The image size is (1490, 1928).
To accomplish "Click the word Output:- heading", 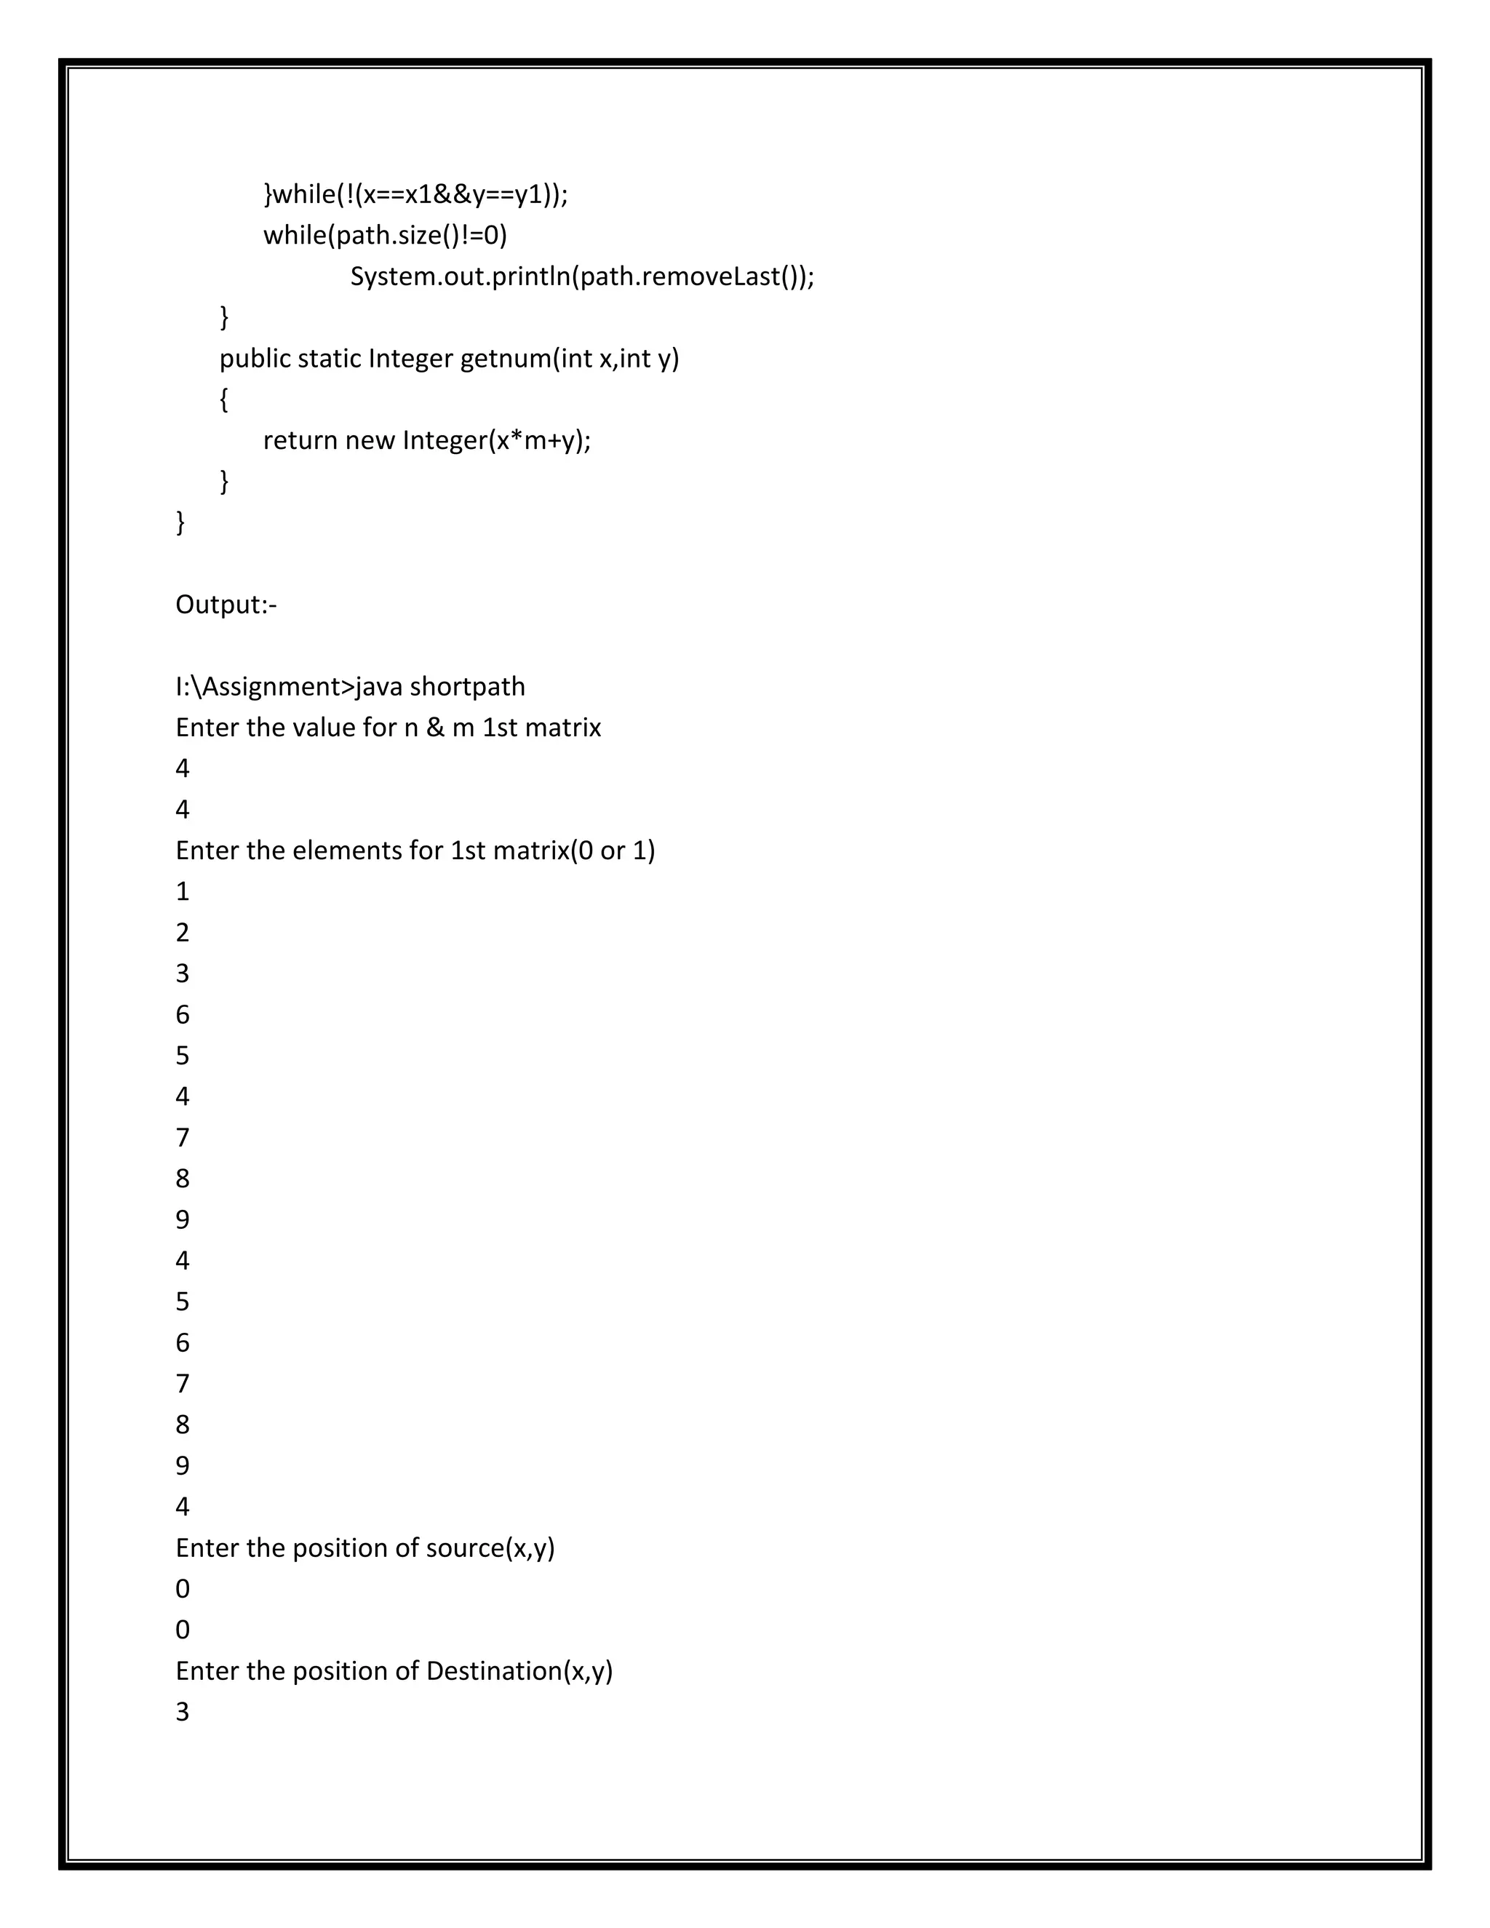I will (226, 605).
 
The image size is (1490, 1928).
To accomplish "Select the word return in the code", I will (300, 439).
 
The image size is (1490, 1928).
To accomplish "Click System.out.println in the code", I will (460, 276).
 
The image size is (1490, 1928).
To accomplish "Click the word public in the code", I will (255, 359).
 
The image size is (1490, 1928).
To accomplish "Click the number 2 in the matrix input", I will (183, 932).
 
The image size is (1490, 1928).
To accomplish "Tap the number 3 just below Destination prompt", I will (183, 1712).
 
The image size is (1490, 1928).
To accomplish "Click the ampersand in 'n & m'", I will (435, 728).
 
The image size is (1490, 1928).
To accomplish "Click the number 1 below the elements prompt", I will (183, 892).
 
